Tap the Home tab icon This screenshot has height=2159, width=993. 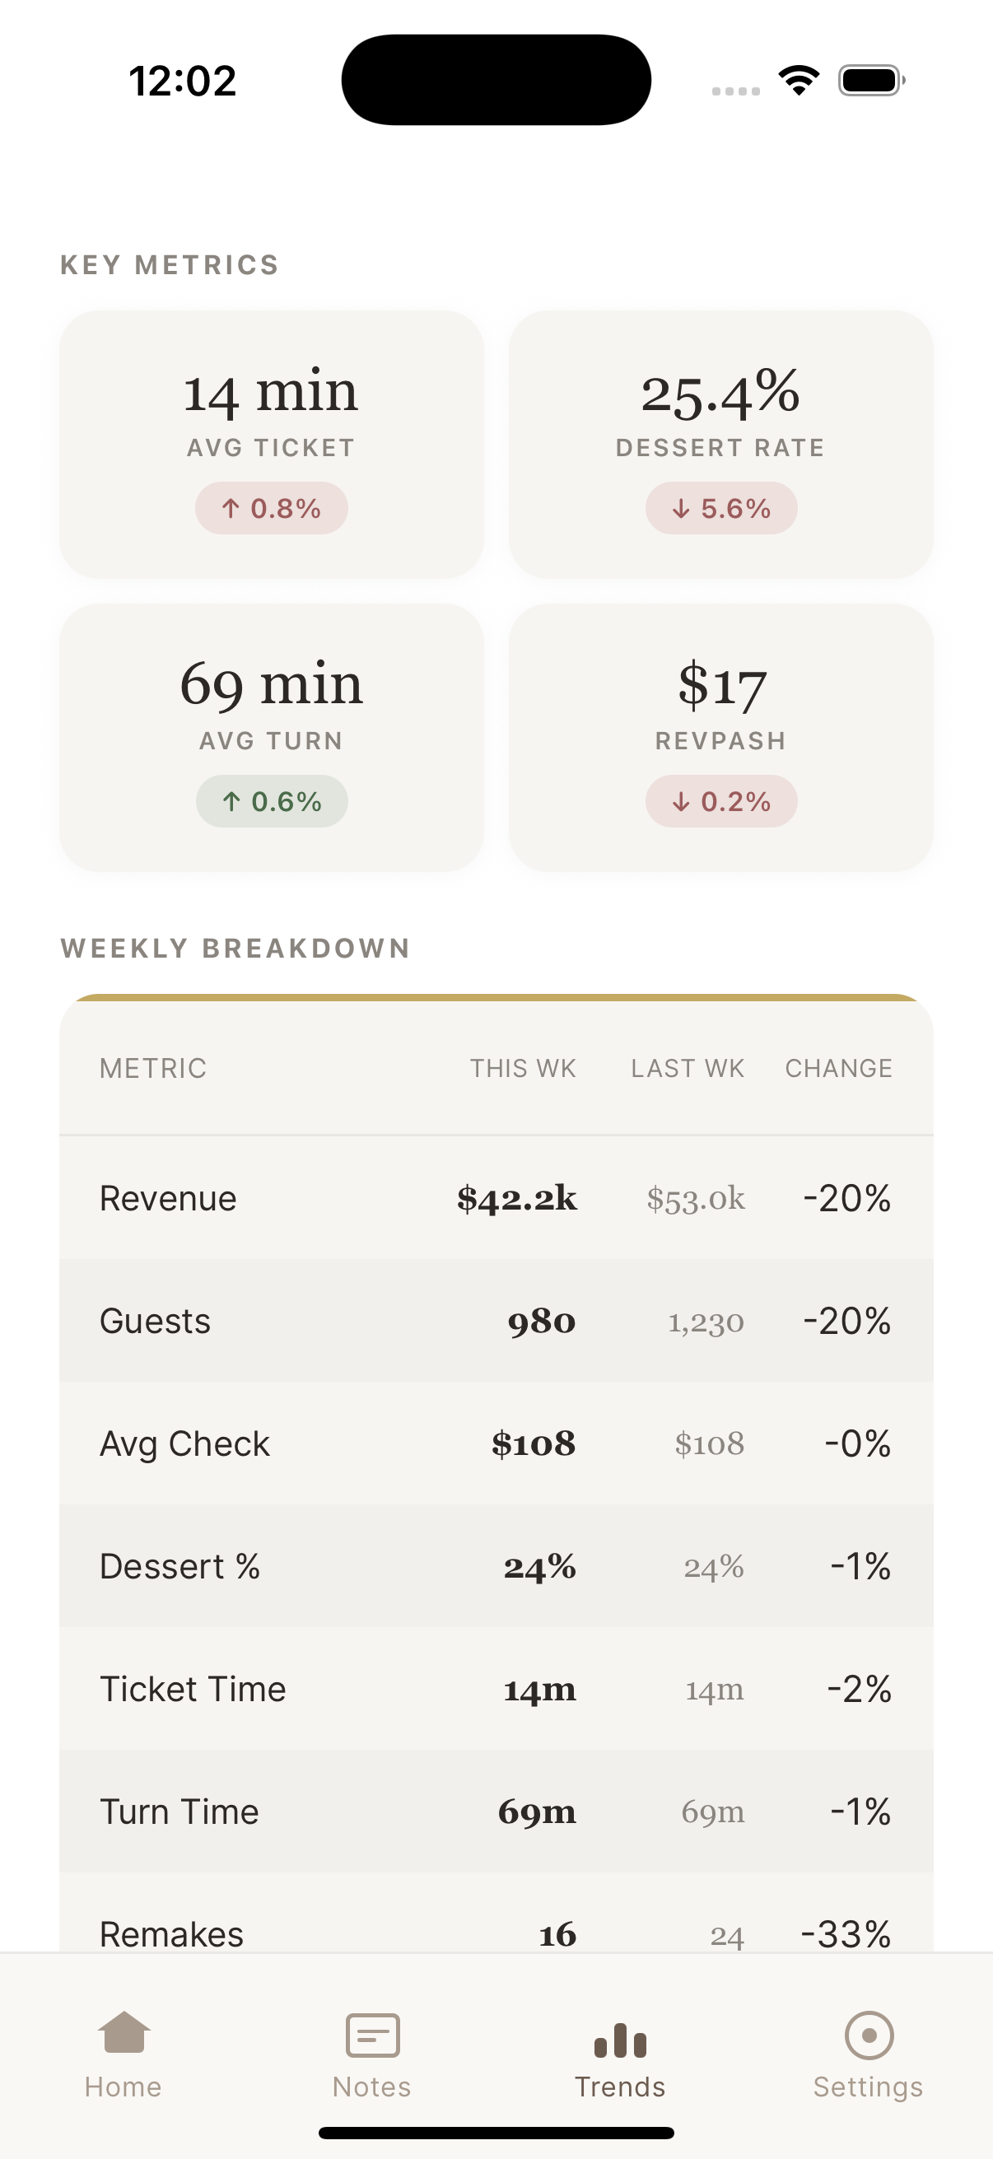[x=124, y=2034]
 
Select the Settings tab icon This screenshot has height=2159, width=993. [x=868, y=2035]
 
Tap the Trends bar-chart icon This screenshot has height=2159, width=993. [x=620, y=2040]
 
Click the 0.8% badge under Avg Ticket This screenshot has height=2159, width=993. [x=272, y=508]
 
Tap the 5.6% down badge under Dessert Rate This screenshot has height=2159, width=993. [x=720, y=508]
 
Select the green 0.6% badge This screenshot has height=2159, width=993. [x=272, y=801]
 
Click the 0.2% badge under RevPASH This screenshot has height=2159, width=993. [x=720, y=801]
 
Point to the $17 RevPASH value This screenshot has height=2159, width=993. [x=720, y=685]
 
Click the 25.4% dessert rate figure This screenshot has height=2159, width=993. [x=720, y=392]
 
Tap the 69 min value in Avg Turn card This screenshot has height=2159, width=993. [x=272, y=685]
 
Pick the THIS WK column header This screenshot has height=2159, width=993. [x=523, y=1069]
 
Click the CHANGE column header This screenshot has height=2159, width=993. [x=838, y=1069]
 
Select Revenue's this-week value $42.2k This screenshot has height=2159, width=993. [x=517, y=1199]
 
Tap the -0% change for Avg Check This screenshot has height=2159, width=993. [x=857, y=1444]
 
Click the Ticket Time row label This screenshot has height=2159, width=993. [x=193, y=1689]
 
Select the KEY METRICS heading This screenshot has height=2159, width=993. [x=170, y=265]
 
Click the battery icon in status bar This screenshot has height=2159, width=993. [x=870, y=81]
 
